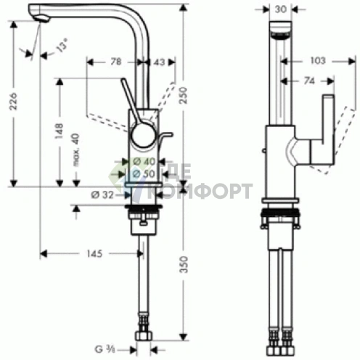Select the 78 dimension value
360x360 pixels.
pyautogui.click(x=115, y=62)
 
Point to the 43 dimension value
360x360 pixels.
pyautogui.click(x=159, y=62)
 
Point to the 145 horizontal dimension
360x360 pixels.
pyautogui.click(x=91, y=254)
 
